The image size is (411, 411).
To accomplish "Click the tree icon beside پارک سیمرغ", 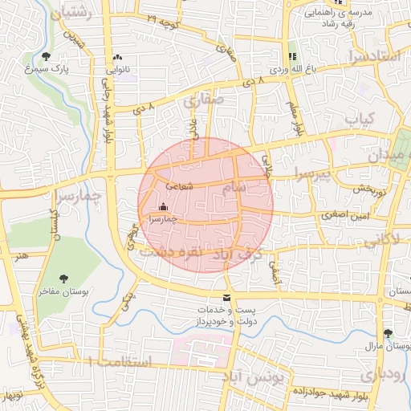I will (x=44, y=56).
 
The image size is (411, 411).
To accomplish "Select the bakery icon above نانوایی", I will (x=118, y=57).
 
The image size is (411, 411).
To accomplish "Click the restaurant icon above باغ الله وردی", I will (x=291, y=56).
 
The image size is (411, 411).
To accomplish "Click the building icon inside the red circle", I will (x=164, y=206).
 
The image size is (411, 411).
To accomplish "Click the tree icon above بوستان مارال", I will (x=389, y=333).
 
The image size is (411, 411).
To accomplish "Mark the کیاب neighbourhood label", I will (x=360, y=119).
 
